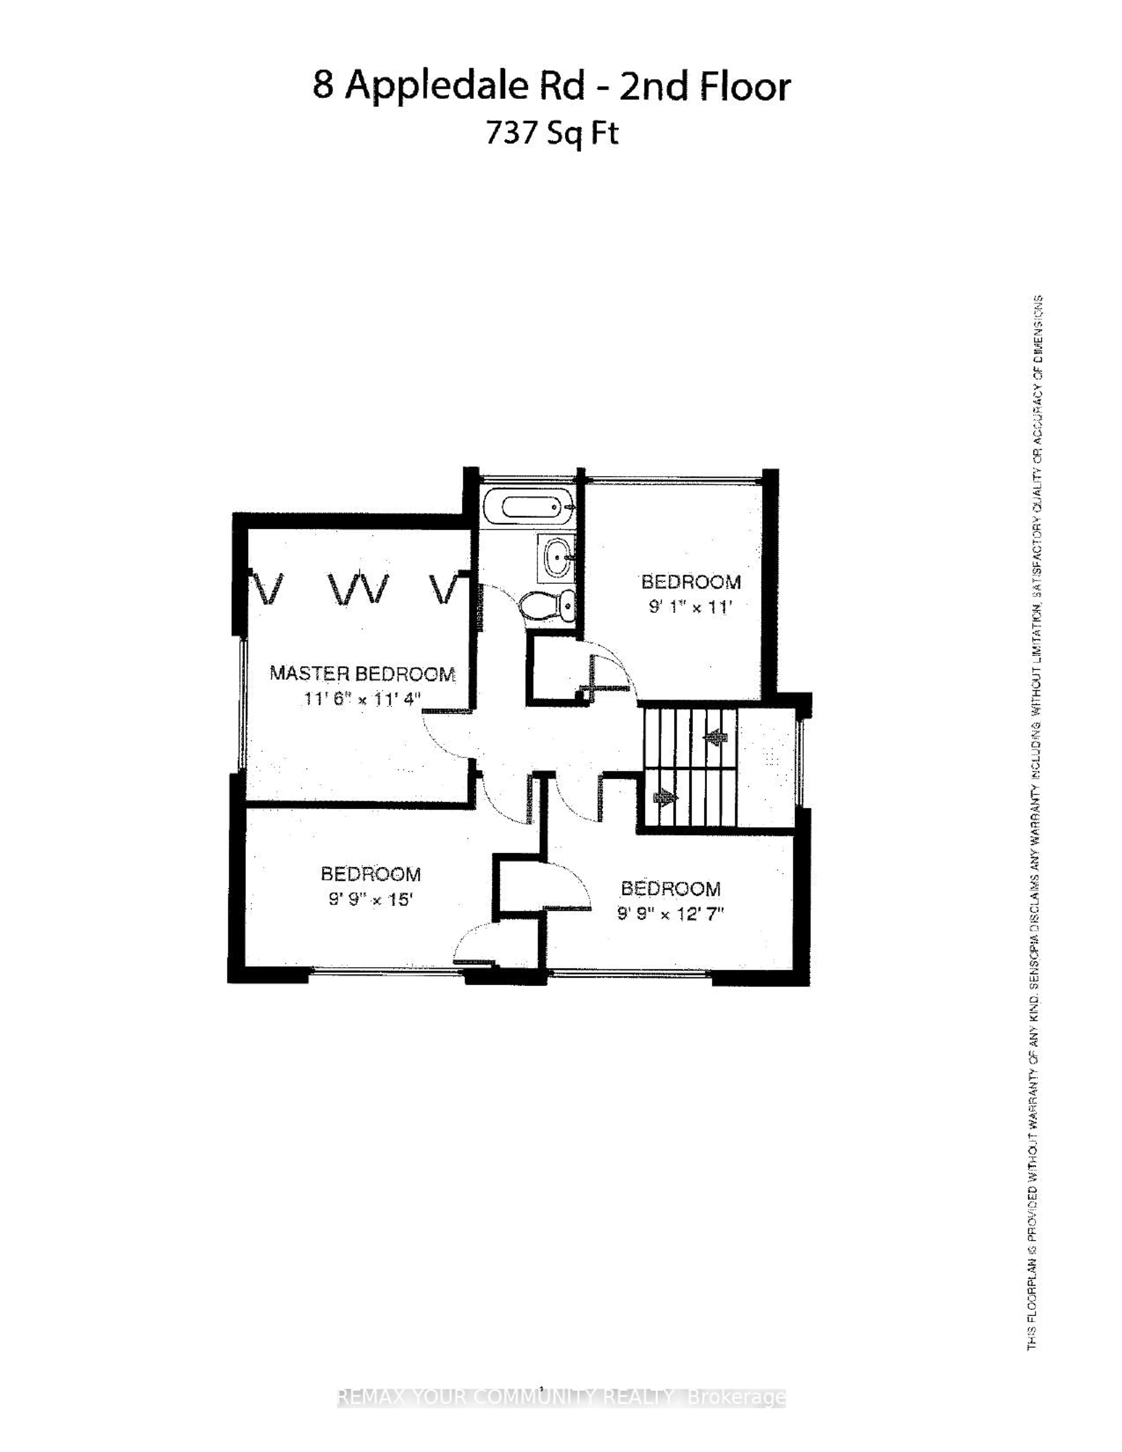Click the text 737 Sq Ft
click(x=552, y=133)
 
